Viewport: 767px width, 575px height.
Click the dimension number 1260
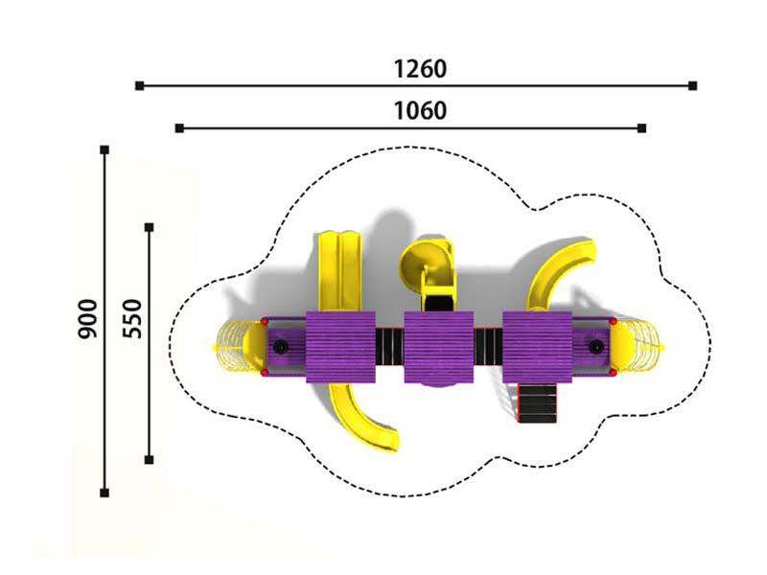pyautogui.click(x=420, y=69)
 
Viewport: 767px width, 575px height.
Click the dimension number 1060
pyautogui.click(x=420, y=111)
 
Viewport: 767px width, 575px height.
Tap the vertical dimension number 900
pyautogui.click(x=88, y=319)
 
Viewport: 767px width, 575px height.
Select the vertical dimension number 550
pyautogui.click(x=132, y=319)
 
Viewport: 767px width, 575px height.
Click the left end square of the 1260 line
pyautogui.click(x=139, y=86)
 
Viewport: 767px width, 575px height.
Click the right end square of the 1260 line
pyautogui.click(x=692, y=86)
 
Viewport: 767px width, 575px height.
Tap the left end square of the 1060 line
pyautogui.click(x=179, y=128)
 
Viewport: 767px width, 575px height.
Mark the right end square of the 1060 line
pyautogui.click(x=642, y=128)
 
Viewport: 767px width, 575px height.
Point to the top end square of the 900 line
pyautogui.click(x=105, y=149)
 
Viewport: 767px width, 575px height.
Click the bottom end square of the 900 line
pyautogui.click(x=105, y=493)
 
